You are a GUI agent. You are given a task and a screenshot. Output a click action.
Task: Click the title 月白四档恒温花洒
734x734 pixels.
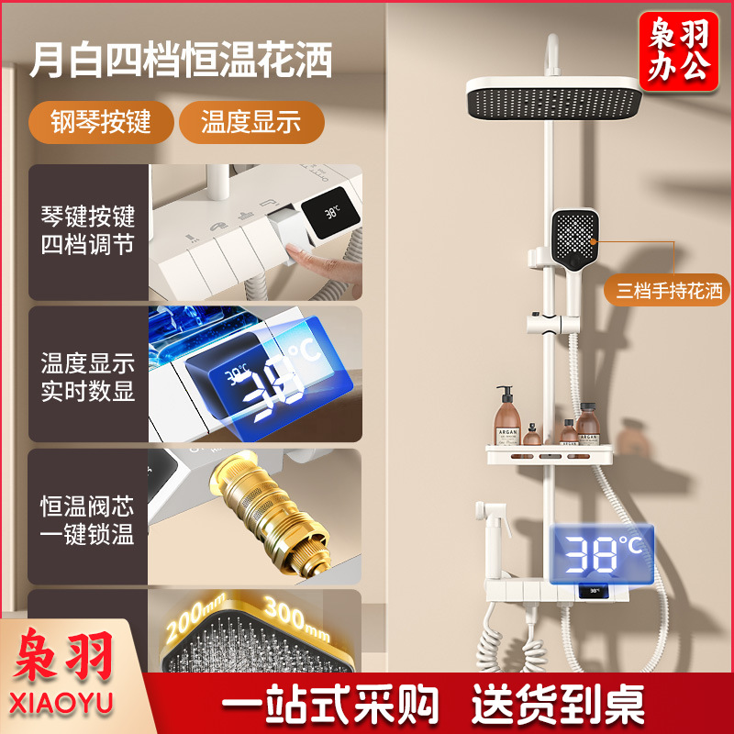pos(181,61)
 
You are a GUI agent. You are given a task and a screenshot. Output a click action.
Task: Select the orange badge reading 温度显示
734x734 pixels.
pos(250,122)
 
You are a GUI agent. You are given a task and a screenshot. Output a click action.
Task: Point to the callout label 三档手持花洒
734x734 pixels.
pos(669,292)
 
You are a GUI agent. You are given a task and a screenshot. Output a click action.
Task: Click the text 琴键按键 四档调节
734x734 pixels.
pos(88,231)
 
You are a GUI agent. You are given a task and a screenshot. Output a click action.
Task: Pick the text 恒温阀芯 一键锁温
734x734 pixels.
pos(88,520)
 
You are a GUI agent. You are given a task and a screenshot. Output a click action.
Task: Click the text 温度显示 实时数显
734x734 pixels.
pos(88,376)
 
